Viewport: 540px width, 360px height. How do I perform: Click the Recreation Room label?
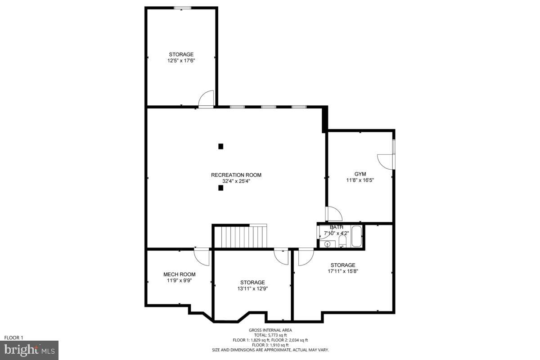point(236,175)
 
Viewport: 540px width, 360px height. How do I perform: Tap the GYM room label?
point(360,174)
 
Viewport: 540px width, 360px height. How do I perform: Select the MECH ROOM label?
point(179,274)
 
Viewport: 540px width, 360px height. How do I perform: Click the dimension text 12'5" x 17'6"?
point(181,60)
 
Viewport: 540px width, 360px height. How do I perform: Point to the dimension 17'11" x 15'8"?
point(342,271)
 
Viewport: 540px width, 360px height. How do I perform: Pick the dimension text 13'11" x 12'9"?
point(252,289)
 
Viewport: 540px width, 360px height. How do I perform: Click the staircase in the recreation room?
point(240,237)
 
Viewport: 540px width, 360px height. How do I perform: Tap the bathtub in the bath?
point(356,237)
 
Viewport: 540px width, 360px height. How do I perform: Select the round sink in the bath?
point(328,244)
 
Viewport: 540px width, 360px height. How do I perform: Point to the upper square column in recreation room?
point(220,146)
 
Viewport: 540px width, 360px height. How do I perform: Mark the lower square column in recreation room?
point(220,188)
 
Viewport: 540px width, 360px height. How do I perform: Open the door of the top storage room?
point(207,99)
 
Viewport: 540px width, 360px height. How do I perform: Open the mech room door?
point(202,256)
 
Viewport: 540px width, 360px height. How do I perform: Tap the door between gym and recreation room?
point(334,214)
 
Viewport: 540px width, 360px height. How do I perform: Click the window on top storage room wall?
point(182,8)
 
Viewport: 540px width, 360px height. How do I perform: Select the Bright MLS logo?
point(29,350)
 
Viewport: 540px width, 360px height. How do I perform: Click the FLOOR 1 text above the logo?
point(13,337)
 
